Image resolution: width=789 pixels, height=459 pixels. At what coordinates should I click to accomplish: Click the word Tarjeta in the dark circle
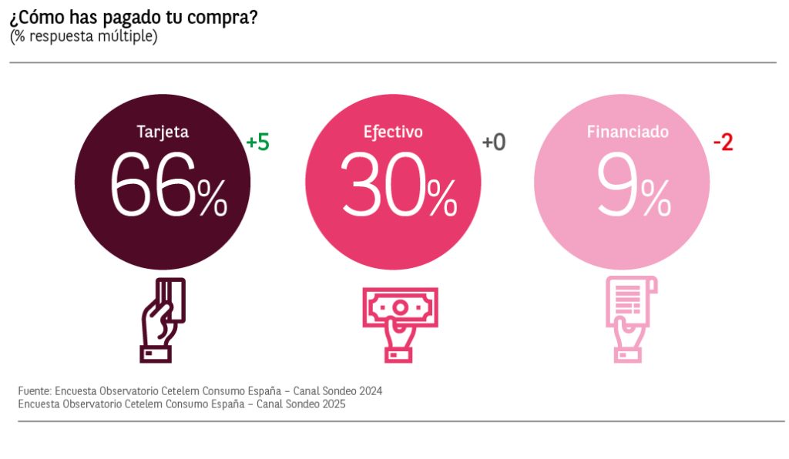163,132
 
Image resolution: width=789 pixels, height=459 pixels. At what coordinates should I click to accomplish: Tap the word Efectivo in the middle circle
393,132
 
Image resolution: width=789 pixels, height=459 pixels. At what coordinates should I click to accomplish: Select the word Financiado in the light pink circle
627,132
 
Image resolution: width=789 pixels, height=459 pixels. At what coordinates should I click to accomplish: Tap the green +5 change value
257,142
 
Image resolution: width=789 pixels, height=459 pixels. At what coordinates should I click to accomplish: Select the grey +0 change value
493,142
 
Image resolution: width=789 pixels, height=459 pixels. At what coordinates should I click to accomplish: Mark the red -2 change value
722,142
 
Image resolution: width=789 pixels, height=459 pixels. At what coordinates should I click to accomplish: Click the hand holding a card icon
163,318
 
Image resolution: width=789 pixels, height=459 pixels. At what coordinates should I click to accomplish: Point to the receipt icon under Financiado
630,318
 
